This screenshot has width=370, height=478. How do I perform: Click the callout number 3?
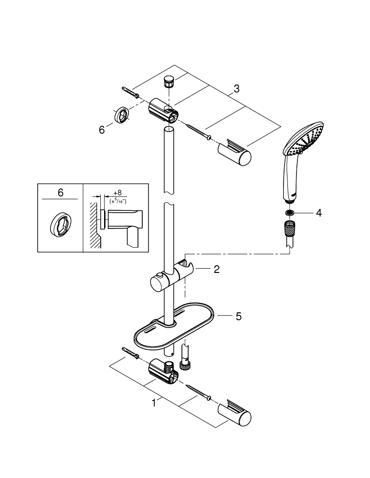click(x=237, y=88)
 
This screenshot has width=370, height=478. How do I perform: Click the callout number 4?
click(x=318, y=213)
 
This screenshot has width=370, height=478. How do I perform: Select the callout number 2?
click(x=216, y=270)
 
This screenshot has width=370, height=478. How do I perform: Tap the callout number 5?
click(x=238, y=316)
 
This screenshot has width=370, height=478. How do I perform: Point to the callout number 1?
click(x=154, y=403)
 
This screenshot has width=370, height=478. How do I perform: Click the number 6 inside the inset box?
click(x=60, y=193)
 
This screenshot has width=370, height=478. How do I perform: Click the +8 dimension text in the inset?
click(x=116, y=193)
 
